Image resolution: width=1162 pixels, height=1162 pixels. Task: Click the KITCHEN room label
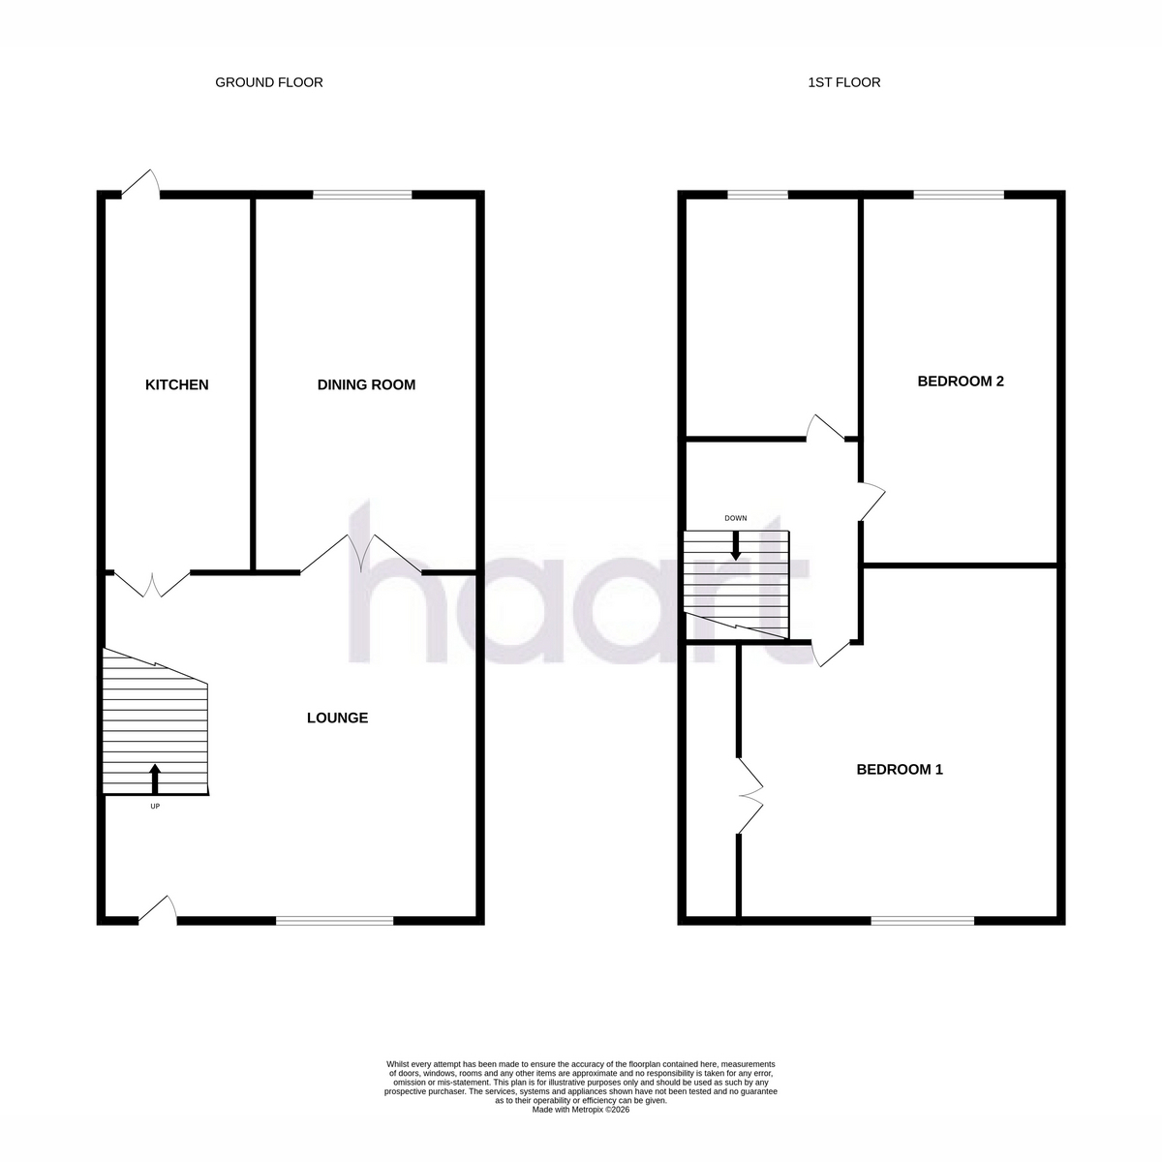coord(176,384)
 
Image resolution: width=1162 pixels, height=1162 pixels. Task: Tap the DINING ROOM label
coord(366,384)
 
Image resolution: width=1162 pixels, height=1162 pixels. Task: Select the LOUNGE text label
coord(337,718)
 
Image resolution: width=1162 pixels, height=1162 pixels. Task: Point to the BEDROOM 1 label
coord(899,770)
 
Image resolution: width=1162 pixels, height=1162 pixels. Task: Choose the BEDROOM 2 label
coord(961,382)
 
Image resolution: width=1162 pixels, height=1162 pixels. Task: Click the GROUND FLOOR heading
coord(269,82)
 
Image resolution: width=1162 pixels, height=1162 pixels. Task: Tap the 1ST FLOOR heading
coord(844,82)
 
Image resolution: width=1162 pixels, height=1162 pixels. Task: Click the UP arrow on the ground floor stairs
coord(155,780)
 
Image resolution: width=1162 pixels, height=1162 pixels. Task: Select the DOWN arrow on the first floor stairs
coord(735,545)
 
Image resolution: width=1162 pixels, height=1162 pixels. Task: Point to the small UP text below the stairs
coord(155,807)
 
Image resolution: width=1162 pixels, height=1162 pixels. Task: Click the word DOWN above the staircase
coord(736,518)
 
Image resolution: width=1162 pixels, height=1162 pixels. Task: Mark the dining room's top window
coord(362,195)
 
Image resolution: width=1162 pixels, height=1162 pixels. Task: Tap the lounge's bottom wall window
coord(335,921)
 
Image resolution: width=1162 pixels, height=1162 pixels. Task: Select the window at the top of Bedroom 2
coord(959,195)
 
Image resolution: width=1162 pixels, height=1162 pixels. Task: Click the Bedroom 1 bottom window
coord(923,921)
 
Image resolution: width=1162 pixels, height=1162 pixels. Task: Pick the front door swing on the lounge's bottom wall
coord(158,910)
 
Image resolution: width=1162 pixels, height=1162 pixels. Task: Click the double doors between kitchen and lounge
coord(152,584)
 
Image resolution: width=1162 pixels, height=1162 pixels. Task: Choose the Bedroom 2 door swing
coord(871,501)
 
